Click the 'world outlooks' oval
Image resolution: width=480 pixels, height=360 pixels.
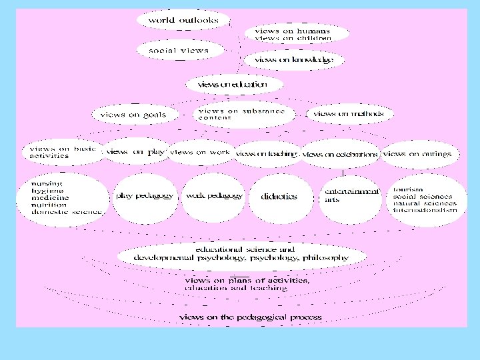pyautogui.click(x=183, y=20)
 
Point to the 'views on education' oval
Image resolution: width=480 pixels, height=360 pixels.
pyautogui.click(x=227, y=85)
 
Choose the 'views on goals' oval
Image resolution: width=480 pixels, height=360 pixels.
pyautogui.click(x=133, y=115)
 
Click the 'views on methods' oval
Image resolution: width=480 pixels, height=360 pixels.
pyautogui.click(x=348, y=114)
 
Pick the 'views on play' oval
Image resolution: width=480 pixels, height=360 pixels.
pyautogui.click(x=135, y=152)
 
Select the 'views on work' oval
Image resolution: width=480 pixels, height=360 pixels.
pyautogui.click(x=200, y=152)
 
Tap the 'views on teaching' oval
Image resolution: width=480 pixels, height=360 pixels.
pyautogui.click(x=266, y=154)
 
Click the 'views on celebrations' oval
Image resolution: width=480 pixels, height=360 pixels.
pyautogui.click(x=340, y=154)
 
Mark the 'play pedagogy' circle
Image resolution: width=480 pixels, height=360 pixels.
pyautogui.click(x=145, y=196)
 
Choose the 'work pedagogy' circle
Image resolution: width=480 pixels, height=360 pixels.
pyautogui.click(x=213, y=196)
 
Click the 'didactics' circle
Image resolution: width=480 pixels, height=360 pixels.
pyautogui.click(x=279, y=197)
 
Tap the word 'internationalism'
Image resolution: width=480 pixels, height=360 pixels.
pyautogui.click(x=425, y=209)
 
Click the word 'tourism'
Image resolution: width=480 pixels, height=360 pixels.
pyautogui.click(x=407, y=189)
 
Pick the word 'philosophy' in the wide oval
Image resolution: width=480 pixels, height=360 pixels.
pyautogui.click(x=325, y=257)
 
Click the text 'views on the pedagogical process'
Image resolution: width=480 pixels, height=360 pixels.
pyautogui.click(x=250, y=317)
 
